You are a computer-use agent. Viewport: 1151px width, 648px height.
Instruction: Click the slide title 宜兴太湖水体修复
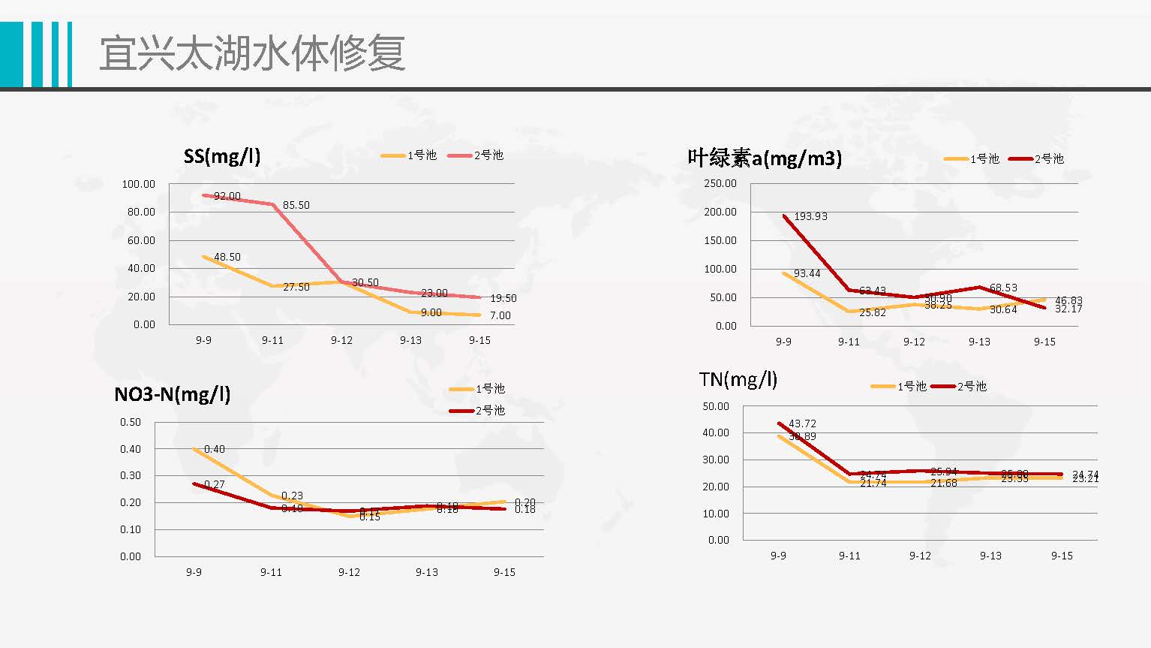coord(252,53)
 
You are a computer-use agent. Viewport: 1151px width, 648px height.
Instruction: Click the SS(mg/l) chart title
coord(222,156)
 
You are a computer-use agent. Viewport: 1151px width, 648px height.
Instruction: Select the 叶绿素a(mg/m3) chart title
coord(765,158)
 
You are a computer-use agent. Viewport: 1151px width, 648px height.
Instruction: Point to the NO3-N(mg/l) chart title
coord(172,394)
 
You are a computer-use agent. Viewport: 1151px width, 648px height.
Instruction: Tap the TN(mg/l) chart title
coord(738,379)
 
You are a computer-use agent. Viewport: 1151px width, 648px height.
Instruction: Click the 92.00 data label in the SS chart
coord(227,196)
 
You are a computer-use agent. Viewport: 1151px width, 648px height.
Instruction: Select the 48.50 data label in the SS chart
coord(227,257)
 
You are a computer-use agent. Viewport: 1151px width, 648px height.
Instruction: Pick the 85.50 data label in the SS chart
coord(296,205)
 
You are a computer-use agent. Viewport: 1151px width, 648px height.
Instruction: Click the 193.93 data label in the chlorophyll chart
coord(810,216)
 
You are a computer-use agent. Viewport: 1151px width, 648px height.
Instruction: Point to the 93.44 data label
coord(807,273)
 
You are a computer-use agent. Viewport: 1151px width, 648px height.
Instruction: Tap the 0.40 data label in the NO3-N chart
coord(215,449)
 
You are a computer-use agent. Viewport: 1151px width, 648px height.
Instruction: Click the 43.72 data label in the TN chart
coord(802,423)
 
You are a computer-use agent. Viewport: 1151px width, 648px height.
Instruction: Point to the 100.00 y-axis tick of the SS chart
coord(139,184)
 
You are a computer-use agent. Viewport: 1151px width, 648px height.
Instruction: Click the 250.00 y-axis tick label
coord(720,183)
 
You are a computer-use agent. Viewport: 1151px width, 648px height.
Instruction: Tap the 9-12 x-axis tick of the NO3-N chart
coord(349,572)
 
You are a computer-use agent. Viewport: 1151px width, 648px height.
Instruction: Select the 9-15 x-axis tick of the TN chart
coord(1062,556)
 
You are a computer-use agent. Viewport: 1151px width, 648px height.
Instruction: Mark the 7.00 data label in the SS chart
coord(500,315)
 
